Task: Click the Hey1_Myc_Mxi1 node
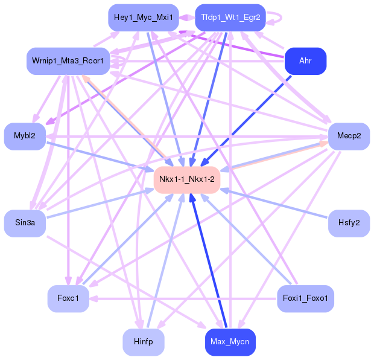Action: coord(142,18)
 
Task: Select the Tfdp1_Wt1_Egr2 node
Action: coord(230,18)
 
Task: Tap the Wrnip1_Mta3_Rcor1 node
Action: coord(68,61)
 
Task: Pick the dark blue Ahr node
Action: coord(305,61)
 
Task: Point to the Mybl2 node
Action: coord(25,137)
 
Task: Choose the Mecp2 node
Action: coord(349,137)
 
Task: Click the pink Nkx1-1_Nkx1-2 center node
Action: coord(186,179)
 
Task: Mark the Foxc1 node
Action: coord(68,298)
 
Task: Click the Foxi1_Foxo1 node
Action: coord(305,298)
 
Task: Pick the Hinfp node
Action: coord(143,342)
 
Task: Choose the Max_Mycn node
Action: coord(230,342)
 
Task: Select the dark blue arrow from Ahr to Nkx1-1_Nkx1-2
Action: coord(241,121)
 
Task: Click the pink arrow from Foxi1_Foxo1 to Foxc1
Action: coord(181,298)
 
